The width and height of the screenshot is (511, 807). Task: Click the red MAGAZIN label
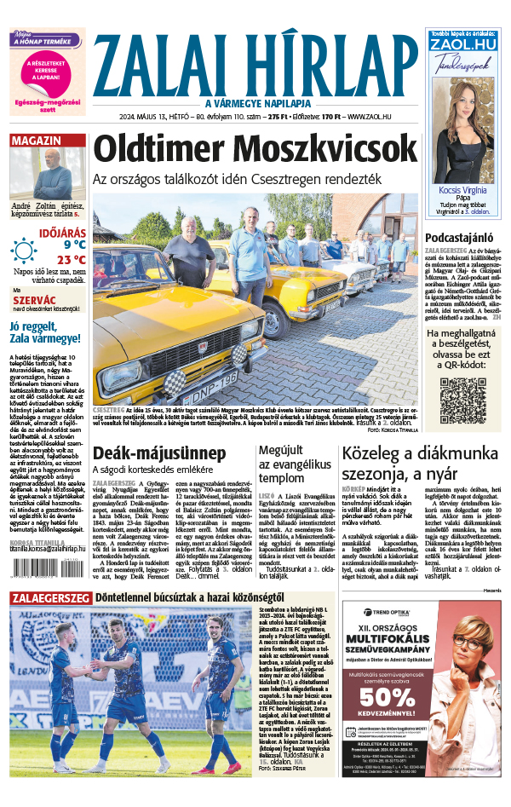click(36, 141)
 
